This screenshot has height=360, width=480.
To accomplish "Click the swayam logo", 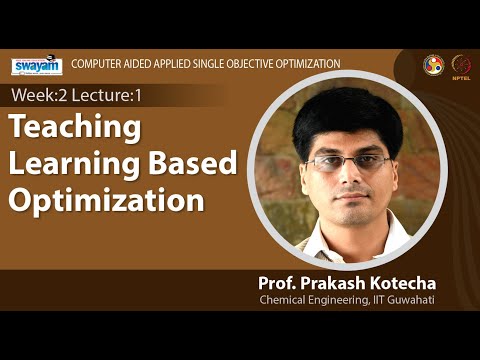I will pos(36,66).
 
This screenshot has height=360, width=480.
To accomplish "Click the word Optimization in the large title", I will pos(106,198).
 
